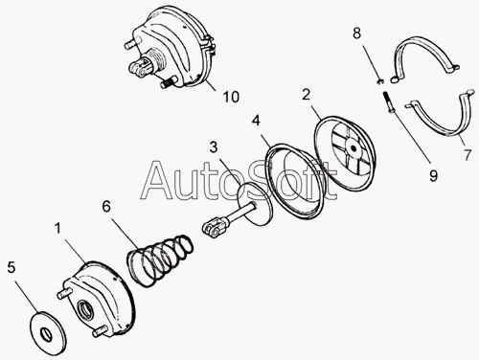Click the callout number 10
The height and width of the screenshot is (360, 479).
tap(231, 97)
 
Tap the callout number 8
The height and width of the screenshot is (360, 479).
tap(356, 34)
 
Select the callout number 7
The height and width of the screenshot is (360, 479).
tap(468, 155)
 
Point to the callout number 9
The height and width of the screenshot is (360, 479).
tap(433, 175)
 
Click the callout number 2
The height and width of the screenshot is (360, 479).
tap(306, 95)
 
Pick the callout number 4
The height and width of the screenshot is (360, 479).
tap(256, 121)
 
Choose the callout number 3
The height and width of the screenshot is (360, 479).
tap(214, 147)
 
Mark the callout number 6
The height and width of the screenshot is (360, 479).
tap(106, 207)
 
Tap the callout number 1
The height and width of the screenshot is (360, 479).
tap(57, 229)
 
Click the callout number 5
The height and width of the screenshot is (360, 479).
tap(11, 267)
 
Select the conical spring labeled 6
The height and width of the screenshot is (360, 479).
tap(160, 260)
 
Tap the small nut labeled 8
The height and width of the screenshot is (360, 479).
tap(380, 81)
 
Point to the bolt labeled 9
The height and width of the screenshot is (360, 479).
tap(388, 101)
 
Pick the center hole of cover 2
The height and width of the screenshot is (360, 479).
tap(353, 148)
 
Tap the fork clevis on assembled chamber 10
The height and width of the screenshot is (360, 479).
tap(139, 67)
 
